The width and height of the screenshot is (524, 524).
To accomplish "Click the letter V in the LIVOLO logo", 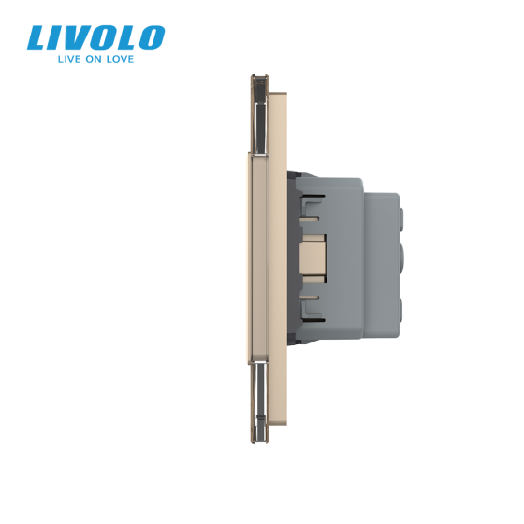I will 78,39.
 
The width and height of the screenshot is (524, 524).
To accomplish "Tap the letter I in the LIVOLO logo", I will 59,39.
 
